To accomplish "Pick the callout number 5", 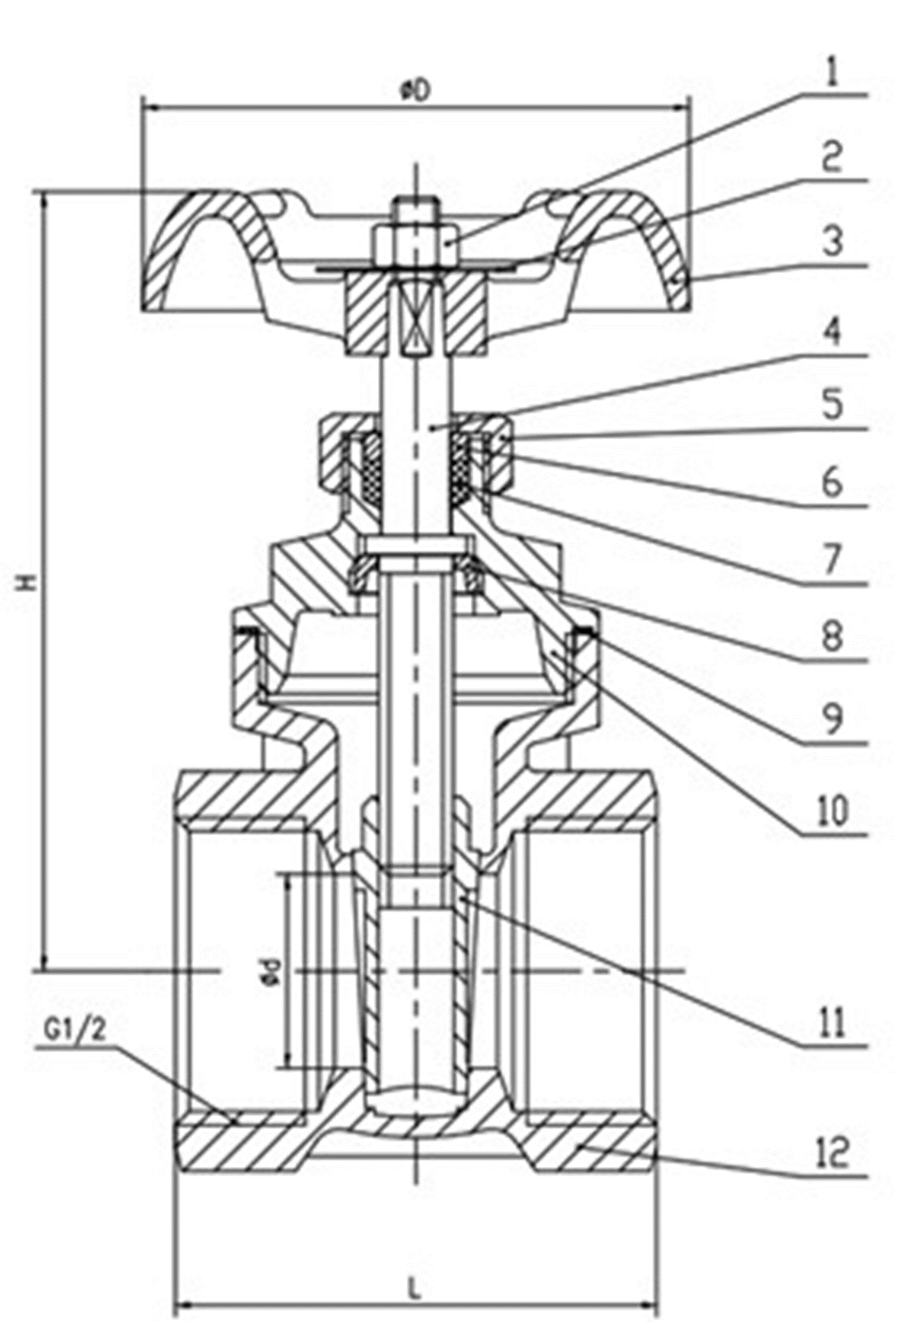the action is click(832, 406).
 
